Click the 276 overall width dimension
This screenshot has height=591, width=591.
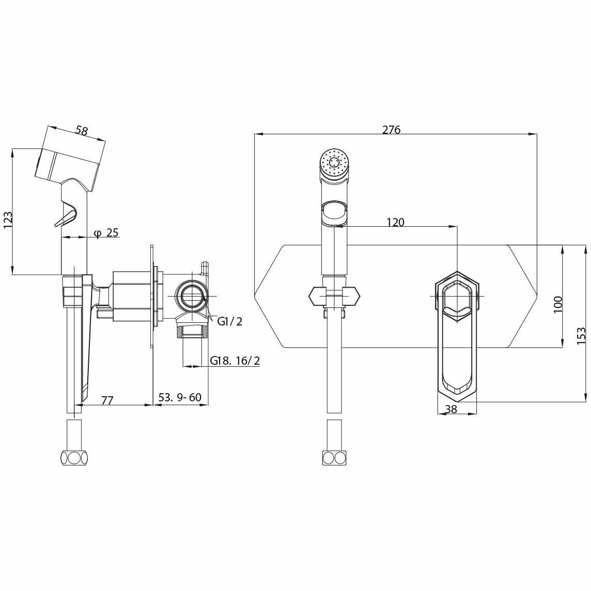pyautogui.click(x=391, y=130)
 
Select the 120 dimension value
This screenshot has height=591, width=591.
pyautogui.click(x=395, y=222)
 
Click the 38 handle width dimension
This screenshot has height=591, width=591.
pyautogui.click(x=451, y=409)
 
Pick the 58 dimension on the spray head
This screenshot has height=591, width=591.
pyautogui.click(x=81, y=130)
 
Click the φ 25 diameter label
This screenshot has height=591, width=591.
pyautogui.click(x=106, y=233)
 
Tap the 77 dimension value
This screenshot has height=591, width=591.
pyautogui.click(x=107, y=399)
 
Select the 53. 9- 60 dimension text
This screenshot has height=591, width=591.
pyautogui.click(x=179, y=398)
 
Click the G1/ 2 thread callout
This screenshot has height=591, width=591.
pyautogui.click(x=229, y=322)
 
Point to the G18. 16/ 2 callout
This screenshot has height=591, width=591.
pyautogui.click(x=235, y=361)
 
